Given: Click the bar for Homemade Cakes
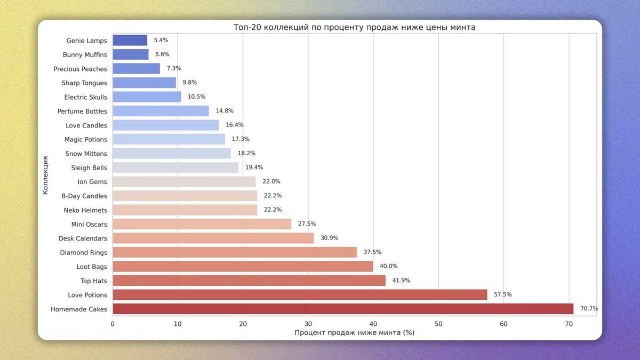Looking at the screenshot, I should pos(343,309).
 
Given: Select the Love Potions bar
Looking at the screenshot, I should pos(300,295).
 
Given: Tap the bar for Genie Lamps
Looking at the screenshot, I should pos(130,41).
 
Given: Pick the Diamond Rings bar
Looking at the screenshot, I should pos(235,252).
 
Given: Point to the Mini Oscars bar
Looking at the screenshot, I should pos(202,224).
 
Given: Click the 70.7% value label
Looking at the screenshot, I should pos(589,309).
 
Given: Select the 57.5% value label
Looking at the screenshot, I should pos(503,295).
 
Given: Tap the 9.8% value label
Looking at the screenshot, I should pos(190,83).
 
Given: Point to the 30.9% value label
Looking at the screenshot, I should pos(329,238).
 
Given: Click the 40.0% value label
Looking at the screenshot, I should pos(388,266).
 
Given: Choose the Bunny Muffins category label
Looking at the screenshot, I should pos(85,55).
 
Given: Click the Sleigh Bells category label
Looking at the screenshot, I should pos(89,168).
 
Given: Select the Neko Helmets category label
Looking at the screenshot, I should pos(85,210).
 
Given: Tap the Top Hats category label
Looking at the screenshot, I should pos(94,281).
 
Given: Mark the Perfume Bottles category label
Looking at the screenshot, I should pos(82,111).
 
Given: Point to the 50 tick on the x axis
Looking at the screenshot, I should pos(438,323).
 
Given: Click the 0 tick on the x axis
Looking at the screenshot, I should pos(113,323).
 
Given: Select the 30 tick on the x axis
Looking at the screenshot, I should pos(308,323).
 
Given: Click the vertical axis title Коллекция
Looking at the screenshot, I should pos(46,175).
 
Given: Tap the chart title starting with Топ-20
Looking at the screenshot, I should pos(354,27).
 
